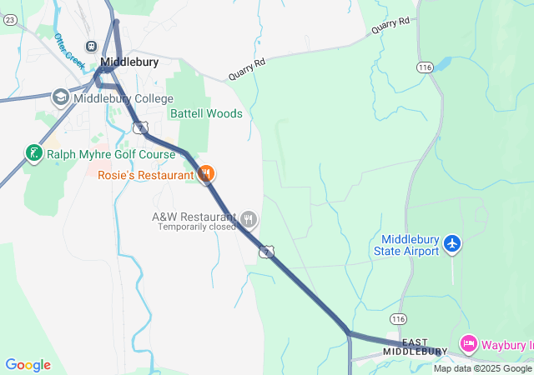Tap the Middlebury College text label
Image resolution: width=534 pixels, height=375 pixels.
(x=123, y=98)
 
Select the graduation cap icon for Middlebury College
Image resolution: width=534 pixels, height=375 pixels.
(x=60, y=97)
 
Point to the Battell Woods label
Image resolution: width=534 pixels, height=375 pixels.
(x=206, y=113)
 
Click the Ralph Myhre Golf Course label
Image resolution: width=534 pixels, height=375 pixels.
(x=111, y=154)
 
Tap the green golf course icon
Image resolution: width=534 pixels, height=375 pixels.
(x=33, y=153)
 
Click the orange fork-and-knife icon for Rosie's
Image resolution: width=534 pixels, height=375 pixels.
(x=206, y=174)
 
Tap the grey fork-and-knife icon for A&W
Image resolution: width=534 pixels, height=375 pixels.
(x=249, y=219)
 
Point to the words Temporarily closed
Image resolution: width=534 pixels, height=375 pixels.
(x=197, y=227)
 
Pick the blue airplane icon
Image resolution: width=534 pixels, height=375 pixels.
(x=452, y=244)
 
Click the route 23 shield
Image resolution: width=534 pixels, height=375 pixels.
(x=10, y=20)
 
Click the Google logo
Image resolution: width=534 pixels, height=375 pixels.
(x=28, y=365)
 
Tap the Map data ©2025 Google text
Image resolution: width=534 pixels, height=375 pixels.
(x=482, y=368)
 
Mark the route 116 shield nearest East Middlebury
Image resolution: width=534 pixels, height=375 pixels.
(x=397, y=319)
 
